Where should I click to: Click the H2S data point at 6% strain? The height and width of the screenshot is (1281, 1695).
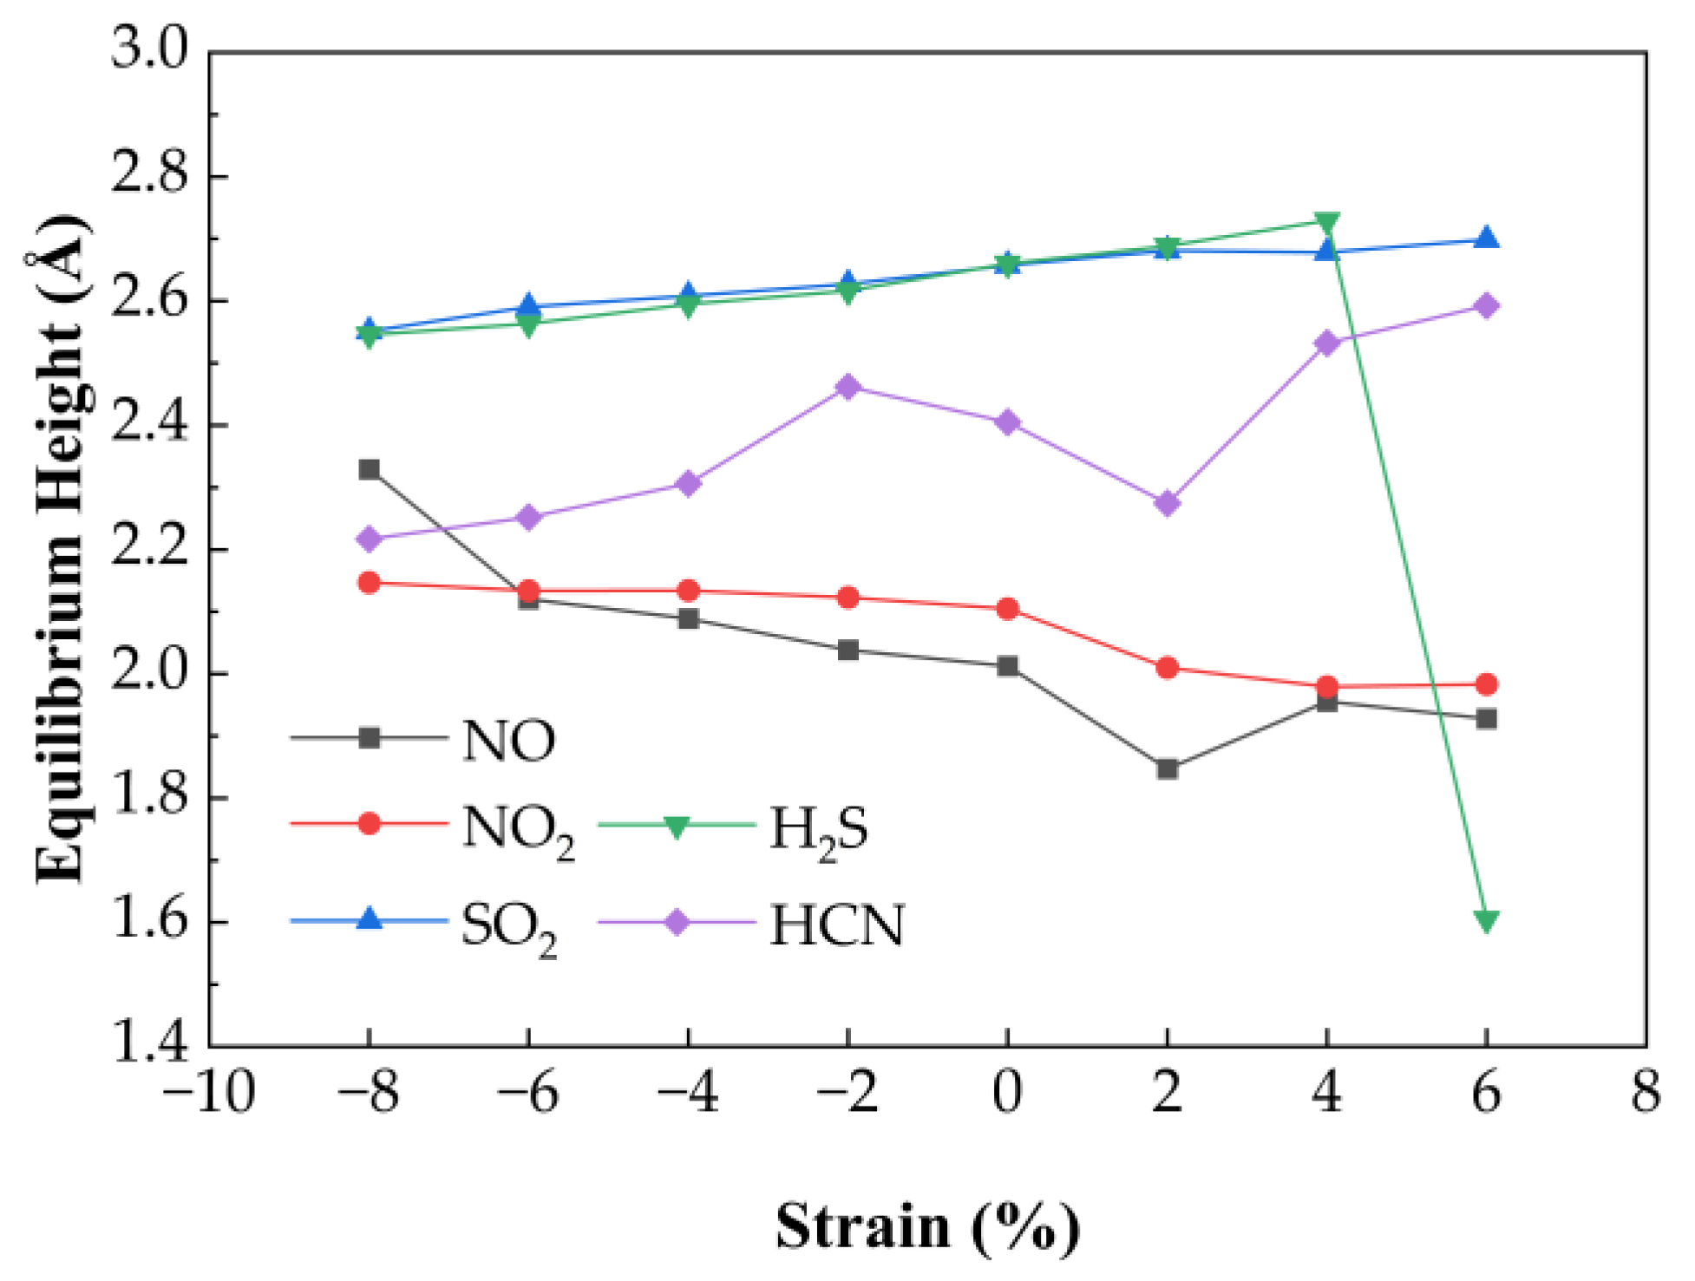click(x=1486, y=921)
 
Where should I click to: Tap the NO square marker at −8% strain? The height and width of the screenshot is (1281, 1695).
click(x=369, y=470)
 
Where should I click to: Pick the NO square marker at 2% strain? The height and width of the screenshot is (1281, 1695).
click(x=1167, y=768)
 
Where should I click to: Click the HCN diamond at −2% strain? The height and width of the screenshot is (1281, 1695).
click(x=848, y=387)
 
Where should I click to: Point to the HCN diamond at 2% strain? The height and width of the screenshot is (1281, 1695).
click(x=1167, y=503)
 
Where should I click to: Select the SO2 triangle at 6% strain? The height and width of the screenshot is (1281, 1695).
click(x=1486, y=239)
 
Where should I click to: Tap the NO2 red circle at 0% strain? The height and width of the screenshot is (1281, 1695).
click(x=1007, y=609)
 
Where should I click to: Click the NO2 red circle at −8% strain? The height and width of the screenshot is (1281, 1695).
click(x=369, y=583)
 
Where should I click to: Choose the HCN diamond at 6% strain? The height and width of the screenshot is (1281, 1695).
click(x=1486, y=306)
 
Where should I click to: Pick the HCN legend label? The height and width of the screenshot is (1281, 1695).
click(x=836, y=925)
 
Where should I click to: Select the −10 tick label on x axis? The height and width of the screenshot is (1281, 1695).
click(x=208, y=1093)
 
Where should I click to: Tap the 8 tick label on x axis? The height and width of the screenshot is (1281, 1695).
click(x=1645, y=1093)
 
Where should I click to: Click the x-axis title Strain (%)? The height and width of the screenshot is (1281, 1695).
click(x=926, y=1228)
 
